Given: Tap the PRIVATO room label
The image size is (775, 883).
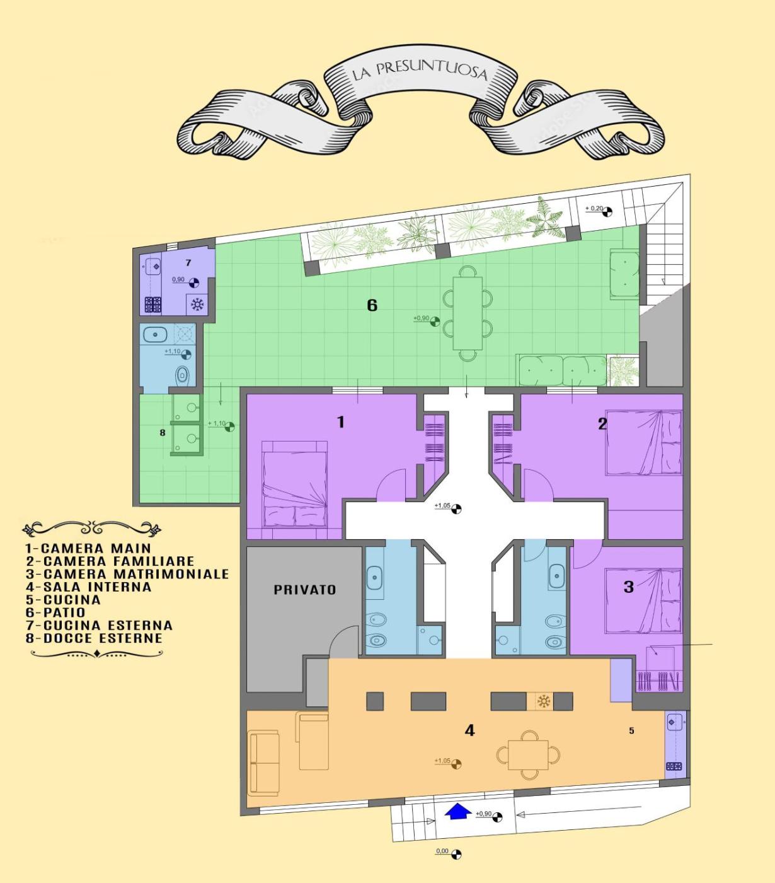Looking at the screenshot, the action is pos(305,590).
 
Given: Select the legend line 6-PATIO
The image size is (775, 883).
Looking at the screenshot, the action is pos(55,612).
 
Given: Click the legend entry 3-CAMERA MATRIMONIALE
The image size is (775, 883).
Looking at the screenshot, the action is pos(127,573).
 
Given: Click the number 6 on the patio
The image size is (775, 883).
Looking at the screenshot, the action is pos(372,305).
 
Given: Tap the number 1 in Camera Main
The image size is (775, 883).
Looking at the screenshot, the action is pos(341,422).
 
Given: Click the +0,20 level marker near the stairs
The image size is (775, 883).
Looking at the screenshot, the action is pos(599,211).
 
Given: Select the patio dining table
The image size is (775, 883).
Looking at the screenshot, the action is pos(468,313).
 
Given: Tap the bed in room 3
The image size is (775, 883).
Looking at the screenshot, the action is pos(643,600).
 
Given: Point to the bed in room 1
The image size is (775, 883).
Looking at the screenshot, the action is pos(295,484).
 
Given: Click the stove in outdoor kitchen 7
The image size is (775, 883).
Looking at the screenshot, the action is pos(153,304).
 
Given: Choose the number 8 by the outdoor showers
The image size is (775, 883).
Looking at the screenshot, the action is pos(163,433).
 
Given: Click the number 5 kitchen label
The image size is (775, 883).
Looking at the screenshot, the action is pos(631,731).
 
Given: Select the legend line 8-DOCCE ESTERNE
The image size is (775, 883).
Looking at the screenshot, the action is pos(94,638).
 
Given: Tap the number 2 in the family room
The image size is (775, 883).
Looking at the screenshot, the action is pos(602,424).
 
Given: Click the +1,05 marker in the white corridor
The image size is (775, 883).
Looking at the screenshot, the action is pos(448,507).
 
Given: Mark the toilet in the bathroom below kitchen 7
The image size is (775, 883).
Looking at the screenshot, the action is pos(183,375).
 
